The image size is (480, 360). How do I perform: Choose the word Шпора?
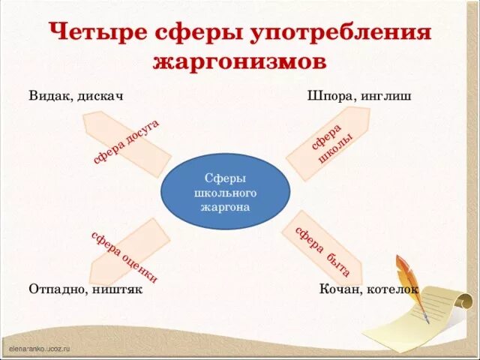pos(328,97)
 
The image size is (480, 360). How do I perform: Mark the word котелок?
pos(393,289)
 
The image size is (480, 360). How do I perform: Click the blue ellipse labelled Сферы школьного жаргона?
pos(225,191)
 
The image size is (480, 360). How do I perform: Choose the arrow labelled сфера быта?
pos(322,251)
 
